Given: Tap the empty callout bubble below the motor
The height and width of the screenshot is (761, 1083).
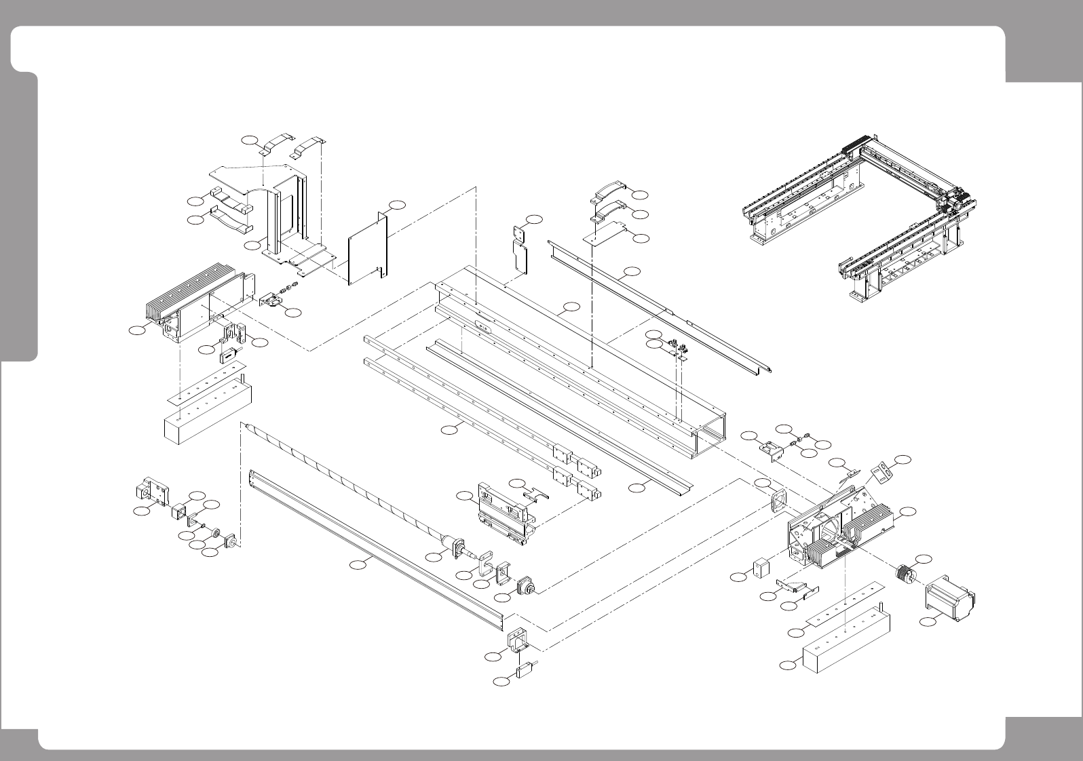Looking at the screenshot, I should (926, 621).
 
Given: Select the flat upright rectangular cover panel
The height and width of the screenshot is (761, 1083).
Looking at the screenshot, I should (367, 248).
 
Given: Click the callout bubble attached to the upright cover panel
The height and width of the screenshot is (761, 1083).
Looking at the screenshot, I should (398, 204).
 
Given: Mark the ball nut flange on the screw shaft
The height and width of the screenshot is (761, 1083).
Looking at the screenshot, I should (454, 545).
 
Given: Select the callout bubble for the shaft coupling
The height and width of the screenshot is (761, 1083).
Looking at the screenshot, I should (924, 559).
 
